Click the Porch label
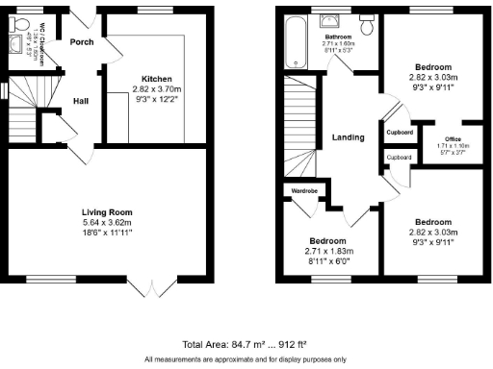point(80,41)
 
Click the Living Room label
point(107,212)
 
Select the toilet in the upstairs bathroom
point(367,21)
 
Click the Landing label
point(348,137)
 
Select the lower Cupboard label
point(399,156)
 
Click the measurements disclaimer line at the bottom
point(247,358)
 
